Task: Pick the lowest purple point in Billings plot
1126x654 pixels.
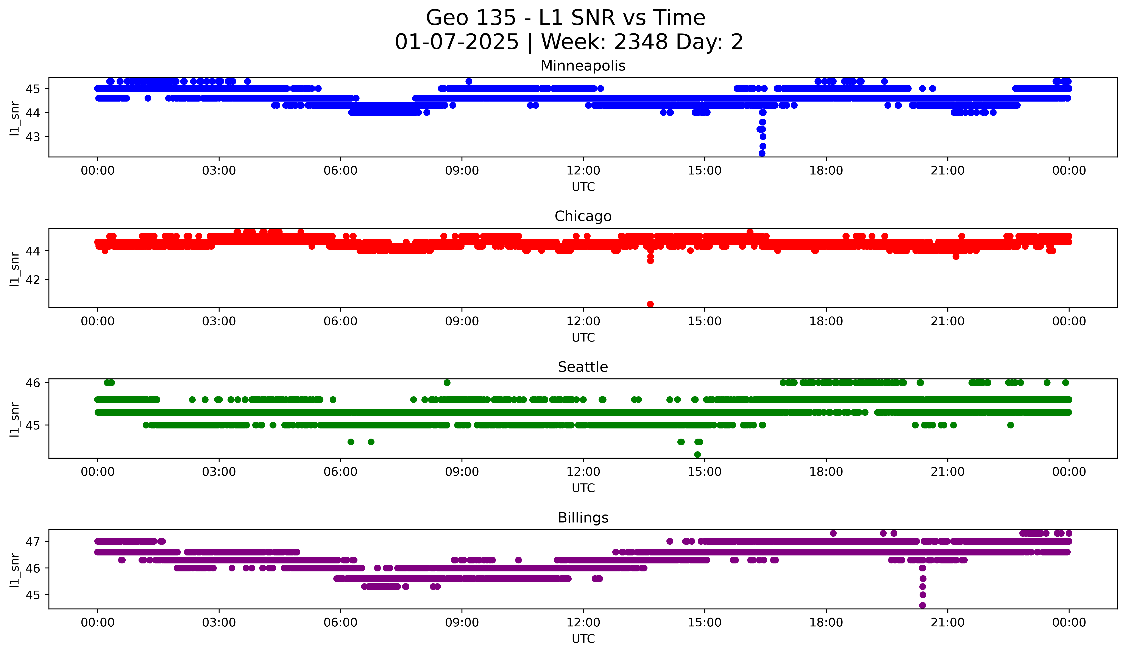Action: tap(922, 605)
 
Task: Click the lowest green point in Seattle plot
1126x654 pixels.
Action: tap(697, 455)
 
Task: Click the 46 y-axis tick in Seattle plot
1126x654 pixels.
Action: tap(33, 383)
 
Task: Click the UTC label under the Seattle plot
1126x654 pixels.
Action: tap(583, 488)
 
